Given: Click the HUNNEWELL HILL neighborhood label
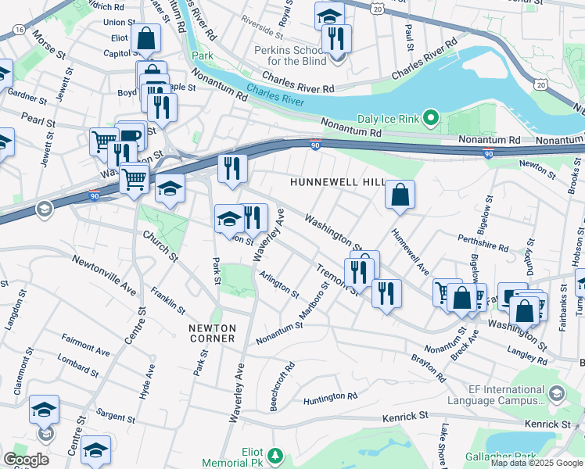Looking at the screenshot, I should click(337, 181).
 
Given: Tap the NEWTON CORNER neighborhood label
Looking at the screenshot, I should click(212, 333).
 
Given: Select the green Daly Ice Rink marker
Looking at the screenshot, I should click(429, 119).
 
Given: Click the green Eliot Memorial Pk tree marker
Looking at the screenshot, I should click(274, 454).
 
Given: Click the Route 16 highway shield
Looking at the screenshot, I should click(18, 29).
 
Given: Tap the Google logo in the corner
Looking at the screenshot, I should click(26, 460).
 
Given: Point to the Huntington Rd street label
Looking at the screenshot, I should click(330, 399).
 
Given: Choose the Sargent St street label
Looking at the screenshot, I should click(116, 414).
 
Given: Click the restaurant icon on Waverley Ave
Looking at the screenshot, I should click(252, 217).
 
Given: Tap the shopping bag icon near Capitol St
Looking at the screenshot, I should click(146, 38).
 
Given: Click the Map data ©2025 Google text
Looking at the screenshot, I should click(537, 463).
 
